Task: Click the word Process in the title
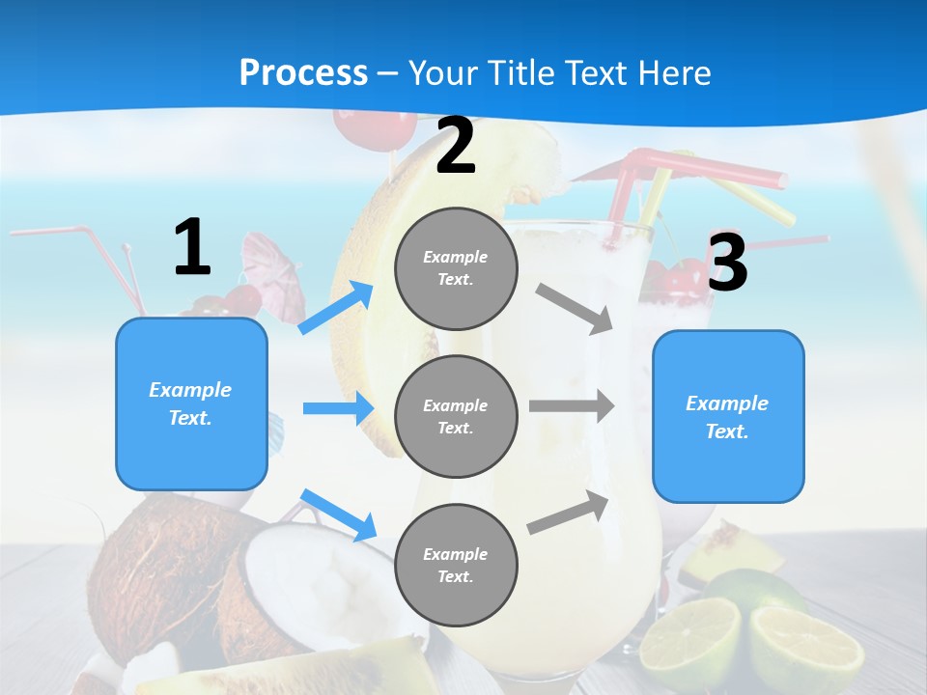[x=303, y=72]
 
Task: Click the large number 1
[x=192, y=248]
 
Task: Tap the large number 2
[x=456, y=147]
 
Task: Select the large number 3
[x=727, y=263]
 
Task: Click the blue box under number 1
[x=191, y=403]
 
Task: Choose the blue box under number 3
[x=728, y=416]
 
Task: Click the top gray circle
[x=456, y=267]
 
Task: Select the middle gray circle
[x=456, y=416]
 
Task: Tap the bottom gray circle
[x=456, y=565]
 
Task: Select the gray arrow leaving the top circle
[x=576, y=308]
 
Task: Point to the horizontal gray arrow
[x=571, y=405]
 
